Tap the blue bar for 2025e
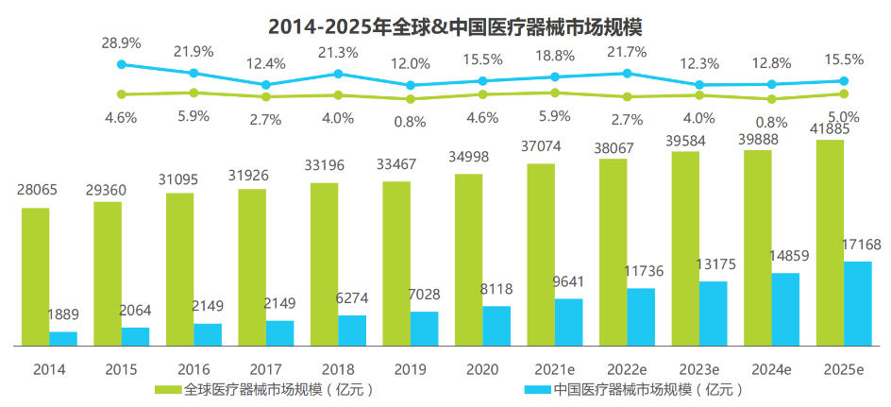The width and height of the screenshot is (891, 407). (857, 303)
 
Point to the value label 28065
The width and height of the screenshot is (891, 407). (37, 190)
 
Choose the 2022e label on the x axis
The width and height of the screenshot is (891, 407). (628, 369)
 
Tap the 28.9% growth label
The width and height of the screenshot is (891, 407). (121, 44)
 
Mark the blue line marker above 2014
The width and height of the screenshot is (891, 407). (121, 64)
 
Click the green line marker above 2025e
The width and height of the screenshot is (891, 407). (844, 93)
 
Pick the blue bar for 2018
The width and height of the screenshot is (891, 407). (352, 330)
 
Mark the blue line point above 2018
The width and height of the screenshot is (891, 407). (338, 74)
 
